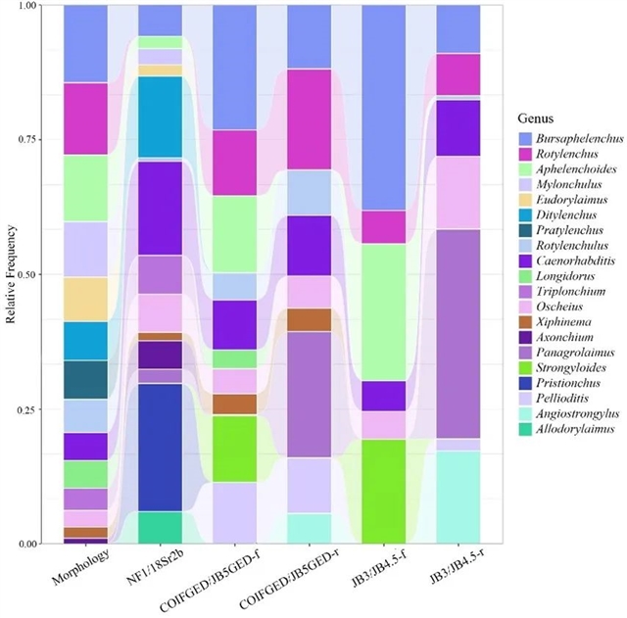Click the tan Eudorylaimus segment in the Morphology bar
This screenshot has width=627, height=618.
click(x=85, y=299)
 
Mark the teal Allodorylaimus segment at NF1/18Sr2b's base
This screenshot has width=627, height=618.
click(x=161, y=527)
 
